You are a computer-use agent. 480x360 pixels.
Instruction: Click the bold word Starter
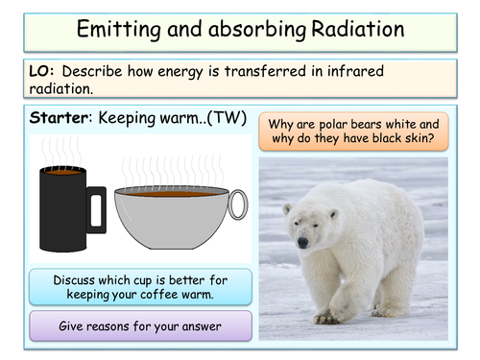click(x=62, y=119)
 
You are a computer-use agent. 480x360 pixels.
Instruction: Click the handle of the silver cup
click(x=237, y=204)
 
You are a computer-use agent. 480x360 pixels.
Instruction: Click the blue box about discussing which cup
click(x=140, y=286)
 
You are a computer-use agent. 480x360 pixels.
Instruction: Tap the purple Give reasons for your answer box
click(x=140, y=325)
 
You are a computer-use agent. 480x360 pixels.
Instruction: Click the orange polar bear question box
click(x=352, y=132)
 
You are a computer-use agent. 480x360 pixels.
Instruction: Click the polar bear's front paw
click(x=327, y=316)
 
